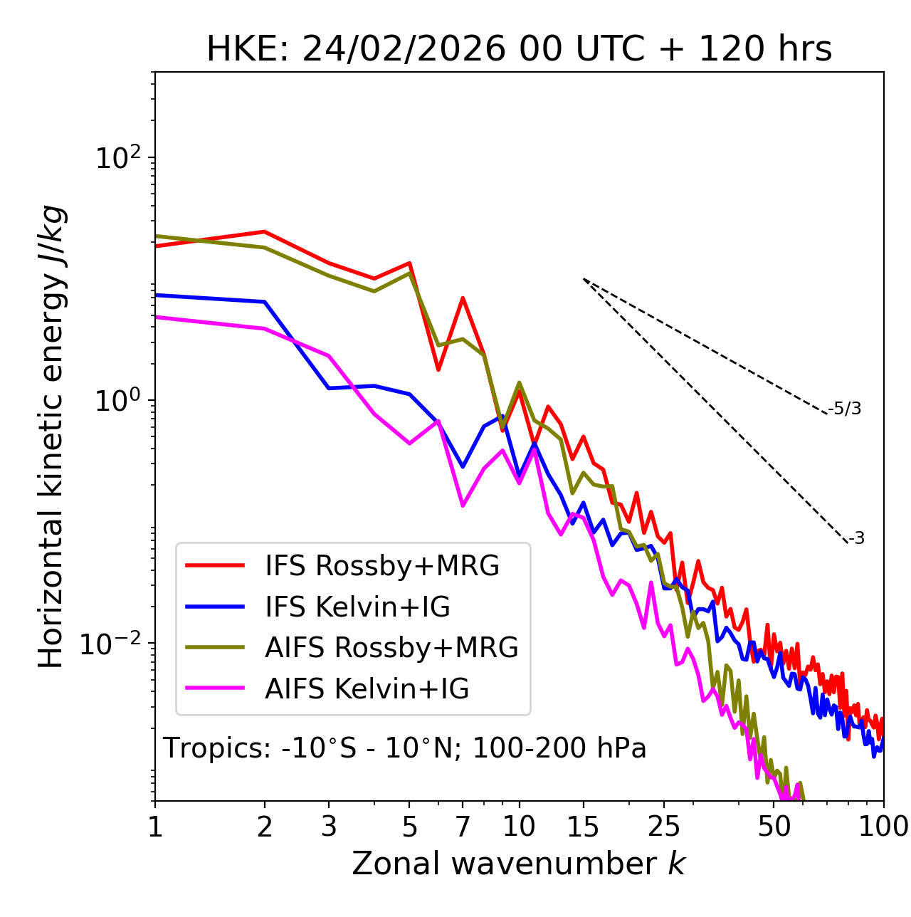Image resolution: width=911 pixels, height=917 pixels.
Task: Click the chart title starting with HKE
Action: [x=519, y=50]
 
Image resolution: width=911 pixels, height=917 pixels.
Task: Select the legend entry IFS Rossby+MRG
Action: [x=382, y=566]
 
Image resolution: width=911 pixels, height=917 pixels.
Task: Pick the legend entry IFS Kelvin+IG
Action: [x=357, y=607]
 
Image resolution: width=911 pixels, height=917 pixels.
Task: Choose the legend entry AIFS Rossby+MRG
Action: [x=391, y=648]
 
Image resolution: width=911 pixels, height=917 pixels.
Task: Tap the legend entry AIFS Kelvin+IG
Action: [x=367, y=689]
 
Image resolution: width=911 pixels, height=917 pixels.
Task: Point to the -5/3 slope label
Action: [x=845, y=409]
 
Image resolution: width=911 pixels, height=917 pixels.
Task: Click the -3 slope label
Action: [x=856, y=539]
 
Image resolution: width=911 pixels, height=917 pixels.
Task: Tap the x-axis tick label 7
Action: [x=463, y=827]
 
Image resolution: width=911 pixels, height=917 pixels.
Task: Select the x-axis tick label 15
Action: [x=583, y=827]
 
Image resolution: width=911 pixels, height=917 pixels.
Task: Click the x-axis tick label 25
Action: [x=663, y=827]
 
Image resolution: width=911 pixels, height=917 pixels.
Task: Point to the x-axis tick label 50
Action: [x=774, y=827]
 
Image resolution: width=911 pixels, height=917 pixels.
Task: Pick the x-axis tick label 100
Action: [x=883, y=827]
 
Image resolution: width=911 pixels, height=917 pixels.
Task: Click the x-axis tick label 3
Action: [x=329, y=827]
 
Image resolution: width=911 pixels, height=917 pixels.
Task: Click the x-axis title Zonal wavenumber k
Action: [x=519, y=864]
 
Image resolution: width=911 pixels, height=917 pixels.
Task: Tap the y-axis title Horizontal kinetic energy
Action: [x=52, y=436]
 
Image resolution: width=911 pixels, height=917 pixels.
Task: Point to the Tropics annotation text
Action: [x=404, y=748]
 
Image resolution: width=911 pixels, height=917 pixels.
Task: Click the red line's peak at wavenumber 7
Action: [x=463, y=298]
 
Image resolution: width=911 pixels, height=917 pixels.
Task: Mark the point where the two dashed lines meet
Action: [x=584, y=279]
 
